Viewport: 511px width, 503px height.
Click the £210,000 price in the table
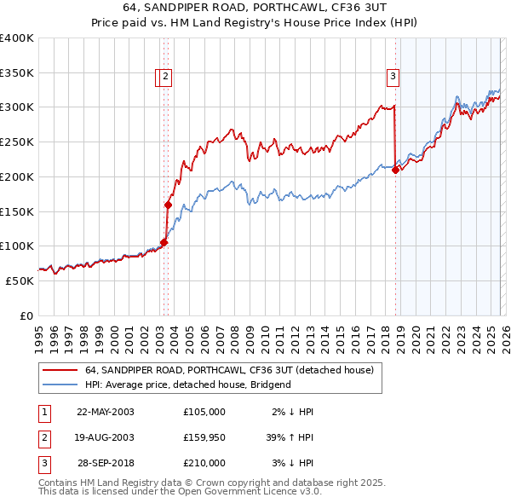204,463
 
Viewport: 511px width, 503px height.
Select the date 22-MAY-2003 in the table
105,412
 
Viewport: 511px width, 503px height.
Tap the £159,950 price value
204,437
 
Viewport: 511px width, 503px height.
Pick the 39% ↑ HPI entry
290,437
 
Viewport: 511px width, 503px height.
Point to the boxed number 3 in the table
43,463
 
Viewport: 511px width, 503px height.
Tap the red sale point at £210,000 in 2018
395,170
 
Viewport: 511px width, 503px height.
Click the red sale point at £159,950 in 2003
168,205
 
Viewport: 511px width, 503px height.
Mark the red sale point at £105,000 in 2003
164,242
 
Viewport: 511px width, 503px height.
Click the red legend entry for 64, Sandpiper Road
228,371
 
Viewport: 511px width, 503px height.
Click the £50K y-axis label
20,280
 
